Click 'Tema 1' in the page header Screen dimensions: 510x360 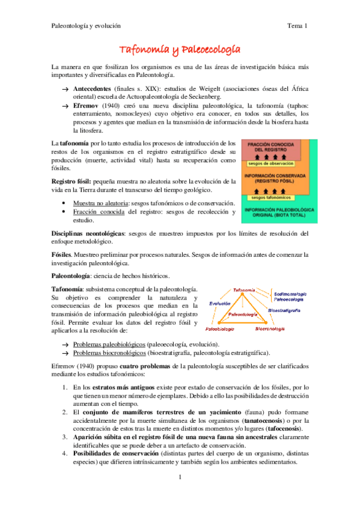coord(297,26)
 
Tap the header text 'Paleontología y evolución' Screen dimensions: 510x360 coord(86,26)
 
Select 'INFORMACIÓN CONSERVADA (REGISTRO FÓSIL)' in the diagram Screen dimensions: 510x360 coord(279,177)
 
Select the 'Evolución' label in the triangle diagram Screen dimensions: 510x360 coord(219,304)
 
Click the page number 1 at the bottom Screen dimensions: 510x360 coord(180,494)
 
